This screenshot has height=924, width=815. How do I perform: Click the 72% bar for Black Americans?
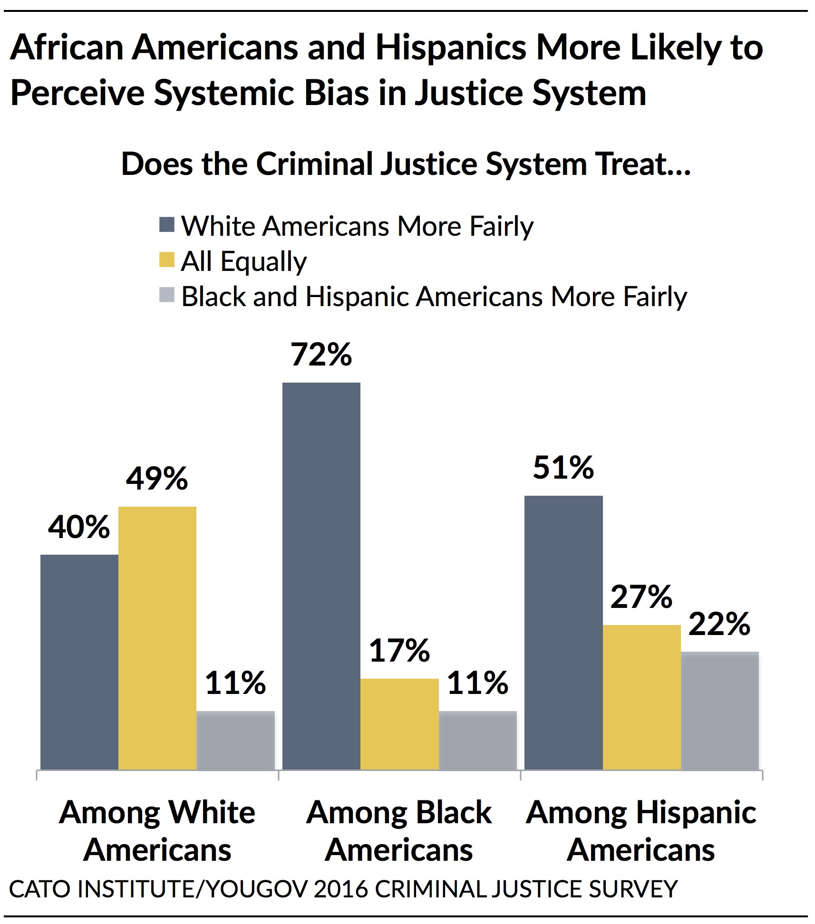pyautogui.click(x=321, y=575)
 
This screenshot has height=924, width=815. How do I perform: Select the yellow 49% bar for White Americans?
pyautogui.click(x=157, y=637)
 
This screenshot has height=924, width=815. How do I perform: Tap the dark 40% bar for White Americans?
pyautogui.click(x=79, y=661)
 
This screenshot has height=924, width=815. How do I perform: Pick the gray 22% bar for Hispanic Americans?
pyautogui.click(x=719, y=710)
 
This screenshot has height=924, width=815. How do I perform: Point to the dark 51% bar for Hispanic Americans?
pyautogui.click(x=563, y=632)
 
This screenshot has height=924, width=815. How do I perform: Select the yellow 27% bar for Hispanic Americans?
pyautogui.click(x=641, y=697)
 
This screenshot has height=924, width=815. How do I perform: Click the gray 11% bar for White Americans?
pyautogui.click(x=235, y=740)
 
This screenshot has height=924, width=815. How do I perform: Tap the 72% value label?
pyautogui.click(x=321, y=355)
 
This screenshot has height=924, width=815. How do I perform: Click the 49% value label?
pyautogui.click(x=157, y=479)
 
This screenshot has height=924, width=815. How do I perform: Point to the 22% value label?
pyautogui.click(x=719, y=624)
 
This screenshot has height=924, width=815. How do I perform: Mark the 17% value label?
pyautogui.click(x=399, y=651)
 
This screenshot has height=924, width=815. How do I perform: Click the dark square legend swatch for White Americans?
pyautogui.click(x=167, y=225)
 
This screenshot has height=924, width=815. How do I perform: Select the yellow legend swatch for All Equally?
pyautogui.click(x=167, y=260)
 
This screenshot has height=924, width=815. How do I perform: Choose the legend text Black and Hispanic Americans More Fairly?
pyautogui.click(x=434, y=297)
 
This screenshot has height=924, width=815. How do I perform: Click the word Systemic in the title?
pyautogui.click(x=223, y=93)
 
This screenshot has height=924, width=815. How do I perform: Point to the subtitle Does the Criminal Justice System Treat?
pyautogui.click(x=406, y=164)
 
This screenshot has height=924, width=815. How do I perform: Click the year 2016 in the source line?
pyautogui.click(x=340, y=889)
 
